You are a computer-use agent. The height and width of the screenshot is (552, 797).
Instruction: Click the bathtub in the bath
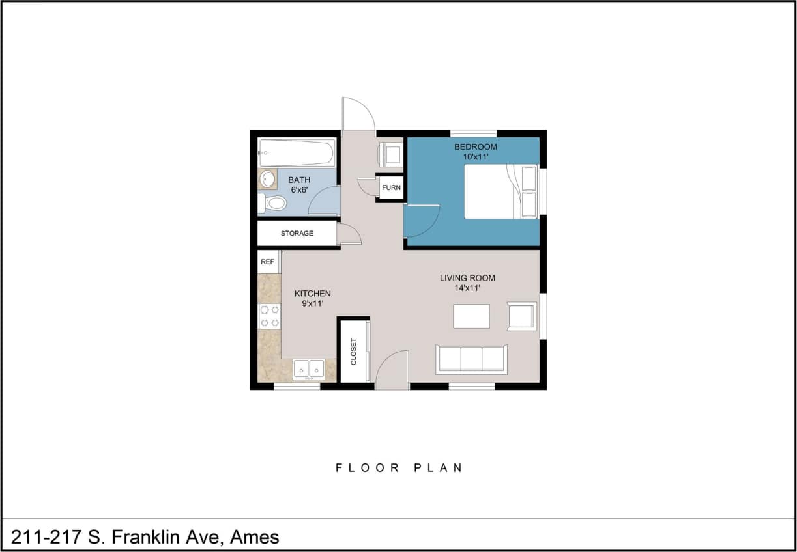297,153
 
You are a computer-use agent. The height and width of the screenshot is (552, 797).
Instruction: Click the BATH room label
299,180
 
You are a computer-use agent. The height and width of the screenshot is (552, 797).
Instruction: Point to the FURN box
391,188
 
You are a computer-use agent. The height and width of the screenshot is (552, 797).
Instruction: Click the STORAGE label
297,233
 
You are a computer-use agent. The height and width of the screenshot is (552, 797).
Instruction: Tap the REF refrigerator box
267,262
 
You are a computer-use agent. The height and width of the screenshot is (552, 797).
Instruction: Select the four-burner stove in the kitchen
269,316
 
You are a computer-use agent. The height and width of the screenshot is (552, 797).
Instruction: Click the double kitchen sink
309,369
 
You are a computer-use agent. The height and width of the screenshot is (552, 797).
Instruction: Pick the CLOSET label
354,352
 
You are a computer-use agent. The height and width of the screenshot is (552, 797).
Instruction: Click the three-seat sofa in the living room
471,359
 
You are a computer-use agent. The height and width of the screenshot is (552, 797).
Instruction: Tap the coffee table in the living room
471,316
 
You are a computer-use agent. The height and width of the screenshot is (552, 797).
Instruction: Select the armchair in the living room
521,316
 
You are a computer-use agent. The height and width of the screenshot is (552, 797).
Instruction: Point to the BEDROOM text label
475,146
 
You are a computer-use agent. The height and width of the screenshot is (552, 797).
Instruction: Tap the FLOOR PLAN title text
399,467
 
